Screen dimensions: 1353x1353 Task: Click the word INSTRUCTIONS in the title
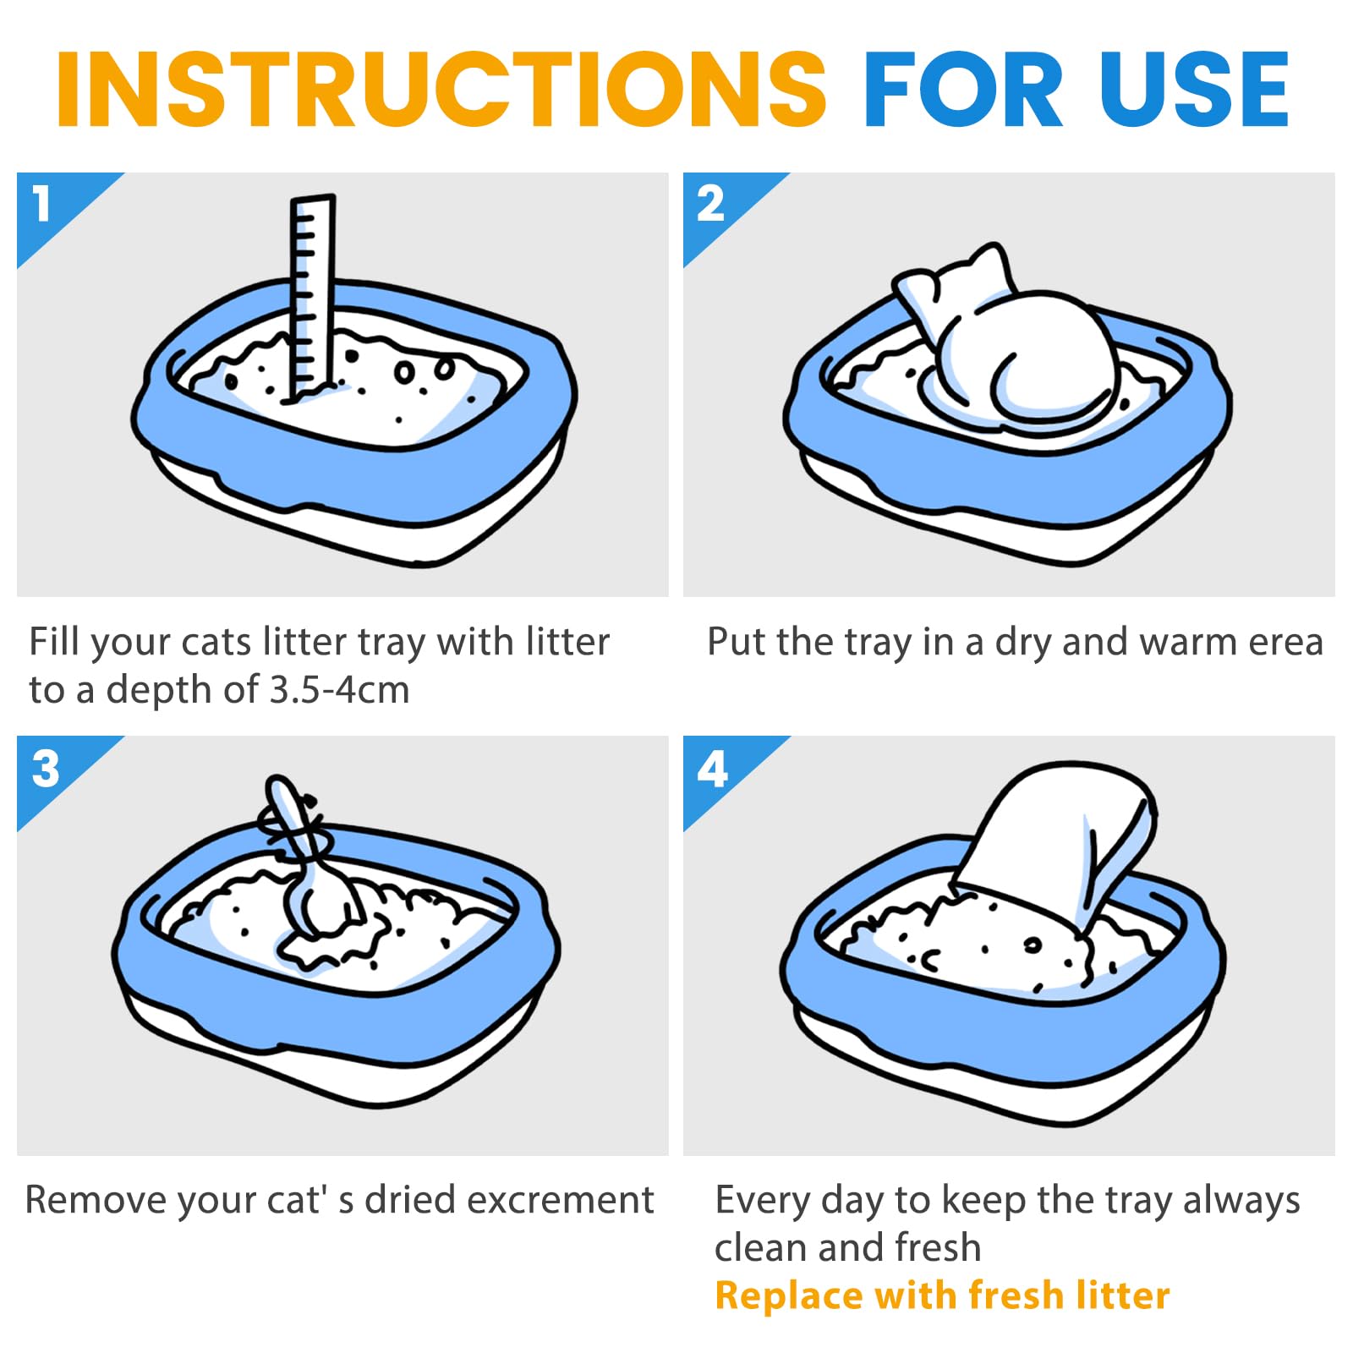point(441,89)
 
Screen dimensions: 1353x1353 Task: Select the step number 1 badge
point(51,207)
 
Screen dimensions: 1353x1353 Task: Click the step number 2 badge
point(717,207)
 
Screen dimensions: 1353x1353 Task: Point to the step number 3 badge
point(51,771)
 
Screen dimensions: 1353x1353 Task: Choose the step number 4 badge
point(717,771)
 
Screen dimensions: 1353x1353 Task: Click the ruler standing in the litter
point(311,296)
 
